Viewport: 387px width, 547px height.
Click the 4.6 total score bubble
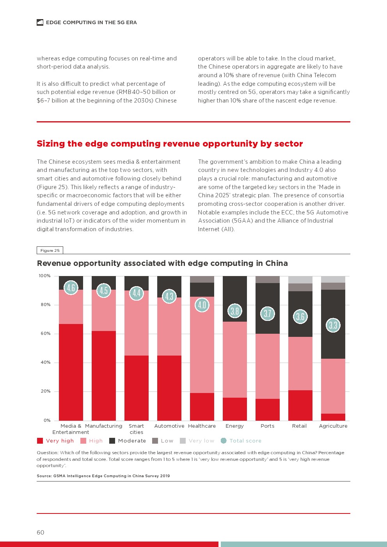[x=71, y=288]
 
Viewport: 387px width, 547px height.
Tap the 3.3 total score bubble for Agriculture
[x=333, y=325]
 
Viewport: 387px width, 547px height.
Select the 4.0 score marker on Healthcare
[x=202, y=305]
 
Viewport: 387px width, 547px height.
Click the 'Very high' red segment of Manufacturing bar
[x=104, y=375]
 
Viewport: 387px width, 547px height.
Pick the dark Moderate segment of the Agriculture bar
[x=333, y=343]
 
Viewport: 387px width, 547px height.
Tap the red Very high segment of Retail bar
[x=300, y=405]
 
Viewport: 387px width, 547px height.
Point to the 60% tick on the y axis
[x=46, y=334]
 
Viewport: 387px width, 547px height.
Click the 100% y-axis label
[x=44, y=276]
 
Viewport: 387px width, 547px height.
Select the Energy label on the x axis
[x=234, y=426]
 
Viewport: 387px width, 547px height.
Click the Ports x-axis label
[x=267, y=426]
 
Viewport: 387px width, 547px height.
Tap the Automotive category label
[x=169, y=426]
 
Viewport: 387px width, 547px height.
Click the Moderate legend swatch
[x=112, y=441]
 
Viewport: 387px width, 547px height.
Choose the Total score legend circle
[x=224, y=441]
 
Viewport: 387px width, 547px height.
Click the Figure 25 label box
[x=50, y=251]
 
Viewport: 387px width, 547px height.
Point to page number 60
[x=41, y=533]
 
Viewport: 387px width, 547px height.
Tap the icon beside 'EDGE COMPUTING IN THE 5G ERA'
[x=40, y=23]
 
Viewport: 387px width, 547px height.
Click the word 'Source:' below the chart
[x=44, y=476]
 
